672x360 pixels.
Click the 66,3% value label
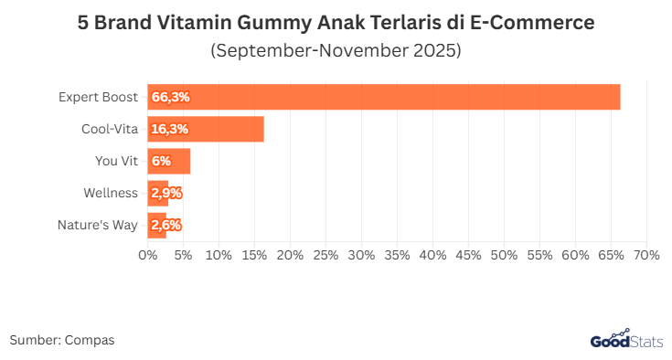click(x=171, y=97)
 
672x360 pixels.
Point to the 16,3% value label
click(x=170, y=129)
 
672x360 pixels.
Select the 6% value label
click(x=162, y=161)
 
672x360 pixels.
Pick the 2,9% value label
click(x=166, y=193)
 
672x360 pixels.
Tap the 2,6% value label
click(x=166, y=225)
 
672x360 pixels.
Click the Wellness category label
click(x=111, y=193)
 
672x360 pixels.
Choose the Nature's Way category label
click(x=98, y=225)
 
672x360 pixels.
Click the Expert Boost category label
click(x=99, y=97)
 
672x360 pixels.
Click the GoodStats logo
click(x=623, y=340)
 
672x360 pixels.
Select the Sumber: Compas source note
click(x=62, y=340)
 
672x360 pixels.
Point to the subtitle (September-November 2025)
click(x=336, y=50)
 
